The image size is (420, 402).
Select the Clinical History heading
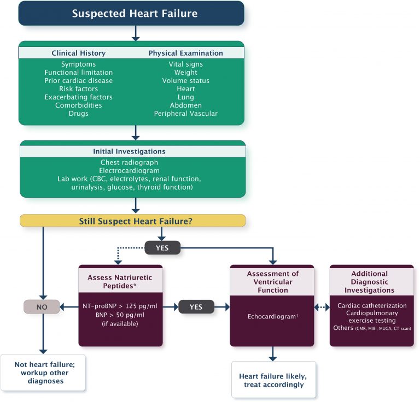click(79, 53)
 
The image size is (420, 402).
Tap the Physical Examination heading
click(185, 53)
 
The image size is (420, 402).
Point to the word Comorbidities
click(79, 105)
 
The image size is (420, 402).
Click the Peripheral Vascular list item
click(185, 113)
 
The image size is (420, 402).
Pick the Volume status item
click(185, 80)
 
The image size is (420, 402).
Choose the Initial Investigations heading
click(133, 151)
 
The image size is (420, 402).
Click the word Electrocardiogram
click(133, 170)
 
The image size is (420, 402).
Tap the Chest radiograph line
click(133, 162)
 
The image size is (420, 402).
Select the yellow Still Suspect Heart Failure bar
click(133, 220)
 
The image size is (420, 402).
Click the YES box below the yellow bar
click(162, 247)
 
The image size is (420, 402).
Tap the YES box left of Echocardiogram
click(196, 307)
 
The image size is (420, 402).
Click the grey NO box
click(42, 307)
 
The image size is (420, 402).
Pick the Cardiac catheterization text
click(372, 305)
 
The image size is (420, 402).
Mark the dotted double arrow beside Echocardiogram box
click(322, 307)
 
